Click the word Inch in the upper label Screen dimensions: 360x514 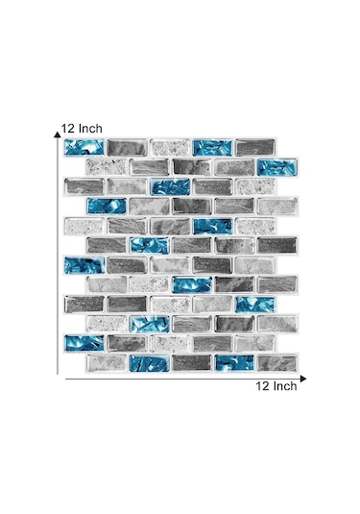click(x=90, y=129)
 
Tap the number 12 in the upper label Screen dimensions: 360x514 click(x=68, y=129)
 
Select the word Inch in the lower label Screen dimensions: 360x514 click(x=285, y=386)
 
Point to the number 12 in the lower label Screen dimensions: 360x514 click(x=262, y=386)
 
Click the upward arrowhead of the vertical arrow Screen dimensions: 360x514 click(x=58, y=134)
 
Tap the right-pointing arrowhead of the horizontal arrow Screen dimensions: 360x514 click(x=303, y=379)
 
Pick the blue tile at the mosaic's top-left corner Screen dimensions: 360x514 click(x=84, y=147)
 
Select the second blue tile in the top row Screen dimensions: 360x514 click(x=212, y=148)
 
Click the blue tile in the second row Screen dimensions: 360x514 click(x=277, y=167)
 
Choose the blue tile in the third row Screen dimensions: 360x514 click(x=170, y=186)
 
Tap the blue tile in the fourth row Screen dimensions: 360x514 click(x=107, y=206)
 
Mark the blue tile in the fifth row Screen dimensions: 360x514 click(x=213, y=226)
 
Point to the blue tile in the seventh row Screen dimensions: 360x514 click(x=84, y=265)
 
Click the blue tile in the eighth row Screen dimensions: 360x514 click(x=192, y=284)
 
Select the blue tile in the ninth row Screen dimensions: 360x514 click(x=255, y=305)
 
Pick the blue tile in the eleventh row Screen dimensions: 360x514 click(x=84, y=343)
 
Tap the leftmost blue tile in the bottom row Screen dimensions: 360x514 click(x=150, y=363)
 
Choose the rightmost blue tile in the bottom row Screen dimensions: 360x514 click(x=234, y=363)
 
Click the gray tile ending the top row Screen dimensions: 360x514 click(x=255, y=148)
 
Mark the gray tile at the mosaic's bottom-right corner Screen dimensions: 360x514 click(x=277, y=363)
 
